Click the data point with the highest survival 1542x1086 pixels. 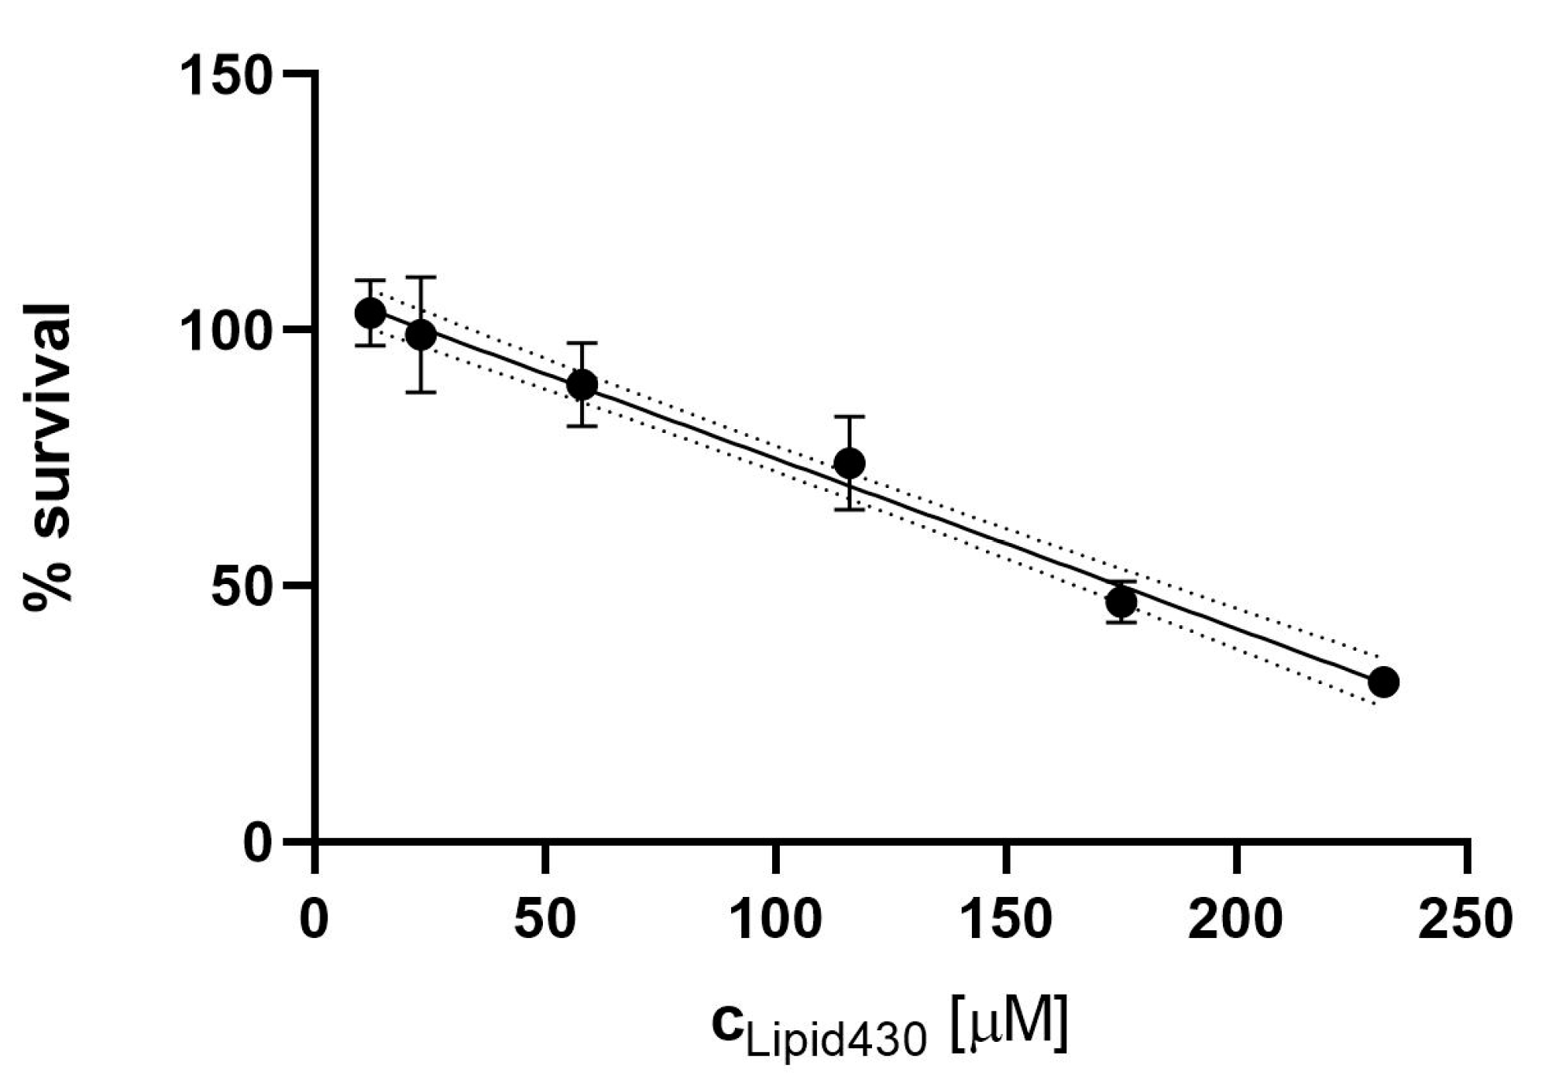click(x=370, y=313)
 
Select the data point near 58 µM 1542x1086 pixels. click(x=582, y=384)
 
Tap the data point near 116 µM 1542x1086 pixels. click(x=850, y=463)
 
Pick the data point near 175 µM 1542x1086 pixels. click(x=1121, y=602)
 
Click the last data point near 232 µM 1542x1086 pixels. click(x=1383, y=682)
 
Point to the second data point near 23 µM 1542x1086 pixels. click(x=421, y=335)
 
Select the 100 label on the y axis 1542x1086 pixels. click(x=226, y=332)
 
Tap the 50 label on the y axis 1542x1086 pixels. click(x=242, y=586)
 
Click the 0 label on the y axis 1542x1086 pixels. click(x=259, y=841)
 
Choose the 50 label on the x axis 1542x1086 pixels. click(x=546, y=920)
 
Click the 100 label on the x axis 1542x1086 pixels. click(x=775, y=920)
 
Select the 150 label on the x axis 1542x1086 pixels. click(x=1005, y=920)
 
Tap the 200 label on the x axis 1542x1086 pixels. click(x=1235, y=920)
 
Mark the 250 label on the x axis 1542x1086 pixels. click(x=1465, y=920)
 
